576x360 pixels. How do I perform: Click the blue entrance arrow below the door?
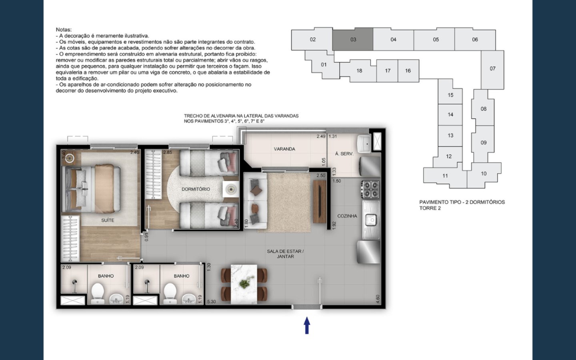307,325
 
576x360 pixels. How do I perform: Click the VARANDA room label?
284,149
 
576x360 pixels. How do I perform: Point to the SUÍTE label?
108,220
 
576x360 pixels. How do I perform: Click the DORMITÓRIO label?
196,189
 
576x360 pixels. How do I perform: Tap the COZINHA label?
347,216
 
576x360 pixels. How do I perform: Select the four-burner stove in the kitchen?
370,190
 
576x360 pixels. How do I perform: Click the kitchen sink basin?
371,220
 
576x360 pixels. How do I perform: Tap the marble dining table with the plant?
244,284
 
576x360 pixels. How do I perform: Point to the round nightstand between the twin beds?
231,189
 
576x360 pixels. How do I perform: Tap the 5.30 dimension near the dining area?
211,302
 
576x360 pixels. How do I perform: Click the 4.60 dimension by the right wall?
377,299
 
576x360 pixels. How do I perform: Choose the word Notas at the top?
64,30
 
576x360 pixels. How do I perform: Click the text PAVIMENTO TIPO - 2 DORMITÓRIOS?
462,202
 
